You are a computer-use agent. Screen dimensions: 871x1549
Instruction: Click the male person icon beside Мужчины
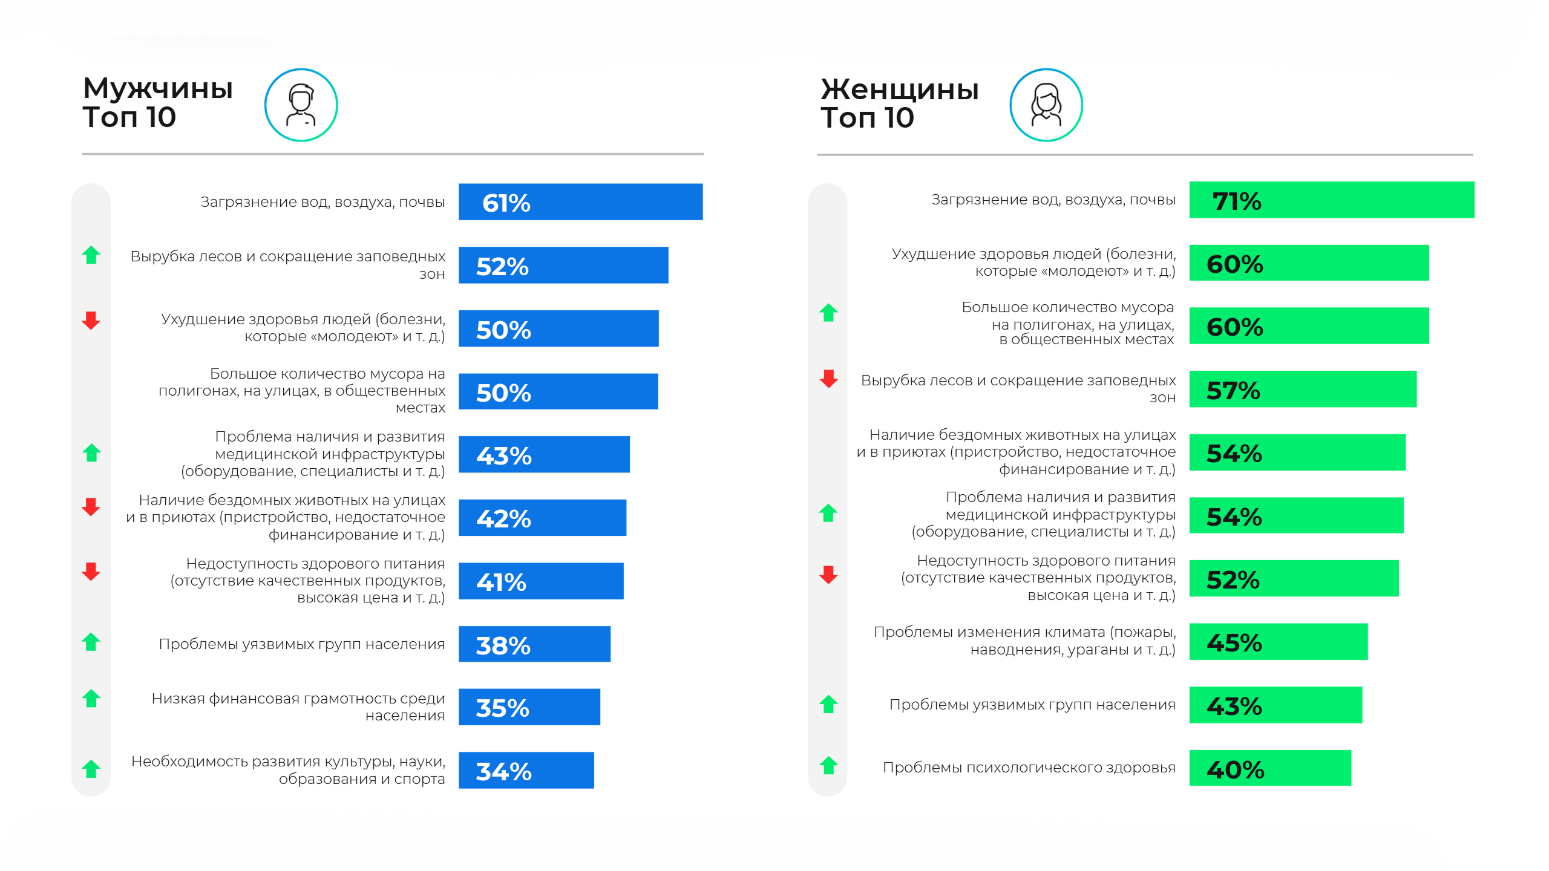click(x=301, y=105)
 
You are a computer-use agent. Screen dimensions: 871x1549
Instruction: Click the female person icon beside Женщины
click(x=1046, y=105)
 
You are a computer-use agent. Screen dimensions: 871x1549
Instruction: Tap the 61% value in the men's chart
click(x=506, y=203)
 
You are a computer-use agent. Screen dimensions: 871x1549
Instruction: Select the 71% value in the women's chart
click(x=1236, y=201)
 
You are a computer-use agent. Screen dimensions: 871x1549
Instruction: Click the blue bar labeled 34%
click(x=526, y=770)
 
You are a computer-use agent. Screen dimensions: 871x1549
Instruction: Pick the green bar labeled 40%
click(x=1269, y=768)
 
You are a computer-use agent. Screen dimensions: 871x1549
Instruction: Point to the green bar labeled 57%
click(x=1302, y=389)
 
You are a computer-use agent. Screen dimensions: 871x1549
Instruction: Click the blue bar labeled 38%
click(x=534, y=644)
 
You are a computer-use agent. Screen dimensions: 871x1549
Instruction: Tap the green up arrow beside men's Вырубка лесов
click(x=91, y=255)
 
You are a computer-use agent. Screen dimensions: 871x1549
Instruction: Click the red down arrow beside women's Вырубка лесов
click(x=828, y=379)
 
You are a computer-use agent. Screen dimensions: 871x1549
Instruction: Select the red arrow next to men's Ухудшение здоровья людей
click(x=91, y=321)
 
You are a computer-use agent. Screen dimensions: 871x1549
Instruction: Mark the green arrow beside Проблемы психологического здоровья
click(x=828, y=766)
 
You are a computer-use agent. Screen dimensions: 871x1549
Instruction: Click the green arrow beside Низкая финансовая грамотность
click(x=91, y=699)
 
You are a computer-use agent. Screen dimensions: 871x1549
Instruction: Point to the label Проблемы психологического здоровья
click(x=1029, y=768)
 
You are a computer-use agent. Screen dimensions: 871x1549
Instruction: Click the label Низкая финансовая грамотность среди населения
click(x=298, y=707)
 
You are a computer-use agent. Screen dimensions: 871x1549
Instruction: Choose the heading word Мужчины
click(x=158, y=88)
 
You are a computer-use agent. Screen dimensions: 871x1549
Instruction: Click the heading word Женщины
click(x=899, y=90)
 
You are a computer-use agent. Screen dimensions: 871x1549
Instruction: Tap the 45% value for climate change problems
click(x=1234, y=642)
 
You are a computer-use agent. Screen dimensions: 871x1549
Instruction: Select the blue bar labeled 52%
click(x=563, y=265)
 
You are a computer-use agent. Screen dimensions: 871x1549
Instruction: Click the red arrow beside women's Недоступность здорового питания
click(x=828, y=575)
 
